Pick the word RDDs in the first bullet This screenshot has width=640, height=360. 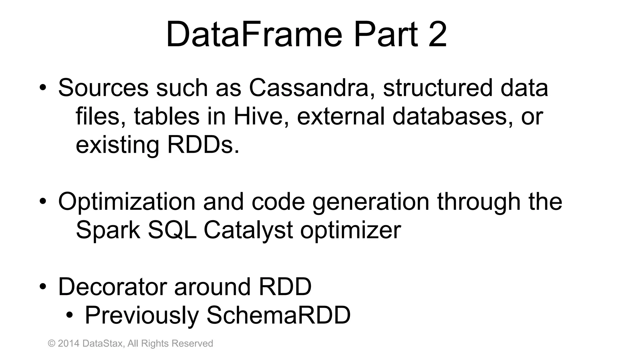203,145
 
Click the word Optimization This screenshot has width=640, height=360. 127,202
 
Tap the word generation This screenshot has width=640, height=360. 371,202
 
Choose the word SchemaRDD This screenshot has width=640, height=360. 278,315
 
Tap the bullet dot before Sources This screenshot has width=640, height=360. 43,88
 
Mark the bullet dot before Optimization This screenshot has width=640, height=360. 43,202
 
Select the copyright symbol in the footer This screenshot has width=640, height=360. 52,343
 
